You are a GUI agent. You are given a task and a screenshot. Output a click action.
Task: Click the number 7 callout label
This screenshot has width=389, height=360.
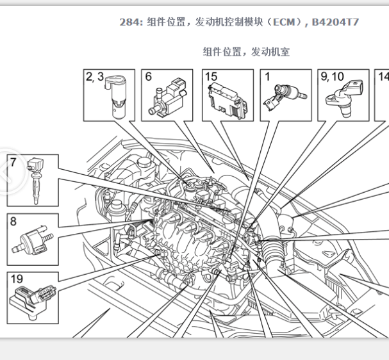pyautogui.click(x=13, y=163)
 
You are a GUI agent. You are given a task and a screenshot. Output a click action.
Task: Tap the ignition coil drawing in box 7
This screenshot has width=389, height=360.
pyautogui.click(x=36, y=181)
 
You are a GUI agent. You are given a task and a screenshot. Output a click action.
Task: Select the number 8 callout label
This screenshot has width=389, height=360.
pyautogui.click(x=13, y=221)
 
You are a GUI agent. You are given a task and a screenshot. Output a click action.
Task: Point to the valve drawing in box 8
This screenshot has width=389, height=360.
pyautogui.click(x=33, y=240)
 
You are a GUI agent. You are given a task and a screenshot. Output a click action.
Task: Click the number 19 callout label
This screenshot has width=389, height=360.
pyautogui.click(x=17, y=279)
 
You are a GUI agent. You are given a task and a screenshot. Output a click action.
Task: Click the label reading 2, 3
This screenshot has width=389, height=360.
pyautogui.click(x=95, y=77)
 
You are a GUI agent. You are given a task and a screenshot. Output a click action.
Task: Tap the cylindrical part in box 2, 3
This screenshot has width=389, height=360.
pyautogui.click(x=116, y=97)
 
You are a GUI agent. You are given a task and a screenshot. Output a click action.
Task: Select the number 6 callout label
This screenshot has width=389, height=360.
pyautogui.click(x=148, y=77)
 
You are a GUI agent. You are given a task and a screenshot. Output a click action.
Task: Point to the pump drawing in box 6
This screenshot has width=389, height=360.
pyautogui.click(x=167, y=98)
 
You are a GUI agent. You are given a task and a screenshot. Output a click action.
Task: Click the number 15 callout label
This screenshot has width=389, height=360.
pyautogui.click(x=211, y=77)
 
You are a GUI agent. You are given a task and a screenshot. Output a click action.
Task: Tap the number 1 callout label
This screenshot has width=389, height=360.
pyautogui.click(x=267, y=77)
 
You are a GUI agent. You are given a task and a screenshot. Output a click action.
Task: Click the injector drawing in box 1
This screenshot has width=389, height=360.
pyautogui.click(x=285, y=97)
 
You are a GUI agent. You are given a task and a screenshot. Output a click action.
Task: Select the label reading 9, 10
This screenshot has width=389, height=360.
pyautogui.click(x=332, y=77)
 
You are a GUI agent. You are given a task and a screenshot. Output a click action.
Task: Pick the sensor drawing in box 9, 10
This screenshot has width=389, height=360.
pyautogui.click(x=344, y=99)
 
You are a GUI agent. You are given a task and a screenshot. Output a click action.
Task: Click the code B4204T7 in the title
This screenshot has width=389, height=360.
pyautogui.click(x=335, y=22)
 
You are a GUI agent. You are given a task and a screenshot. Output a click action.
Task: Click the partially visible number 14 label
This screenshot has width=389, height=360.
pyautogui.click(x=383, y=77)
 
